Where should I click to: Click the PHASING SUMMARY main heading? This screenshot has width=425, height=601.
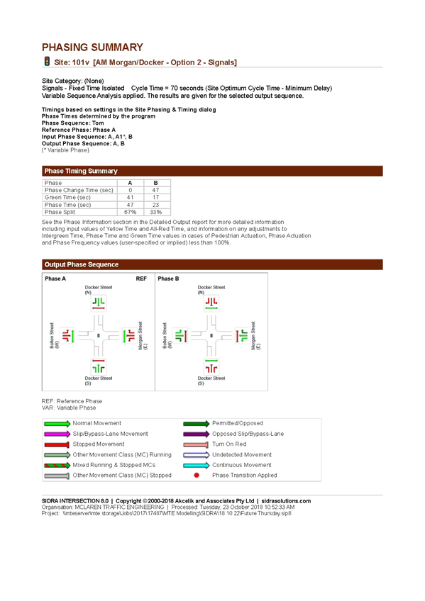tap(92, 47)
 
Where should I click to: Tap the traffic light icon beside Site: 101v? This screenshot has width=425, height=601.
tap(47, 62)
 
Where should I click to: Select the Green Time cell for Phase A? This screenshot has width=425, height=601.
tap(131, 198)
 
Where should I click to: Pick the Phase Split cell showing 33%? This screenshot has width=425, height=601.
tap(155, 212)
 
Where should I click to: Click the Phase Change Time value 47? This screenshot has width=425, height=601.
tap(155, 190)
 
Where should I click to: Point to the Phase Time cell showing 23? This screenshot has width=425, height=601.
tap(155, 205)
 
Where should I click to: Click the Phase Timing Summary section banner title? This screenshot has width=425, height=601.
tap(81, 171)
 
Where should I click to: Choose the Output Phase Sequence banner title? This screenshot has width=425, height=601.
tap(82, 264)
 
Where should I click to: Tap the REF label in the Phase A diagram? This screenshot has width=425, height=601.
tap(141, 279)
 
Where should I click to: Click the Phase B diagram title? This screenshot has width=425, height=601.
tap(168, 279)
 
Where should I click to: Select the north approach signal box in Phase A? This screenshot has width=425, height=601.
tap(99, 303)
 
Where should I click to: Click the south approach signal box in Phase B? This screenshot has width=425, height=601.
tap(211, 367)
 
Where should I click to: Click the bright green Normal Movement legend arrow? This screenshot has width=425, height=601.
tap(57, 424)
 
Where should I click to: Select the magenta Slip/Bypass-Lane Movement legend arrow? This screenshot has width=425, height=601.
tap(57, 434)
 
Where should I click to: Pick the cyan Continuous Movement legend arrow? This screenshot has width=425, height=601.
tap(197, 466)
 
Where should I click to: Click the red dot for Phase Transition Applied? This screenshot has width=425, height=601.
tap(197, 476)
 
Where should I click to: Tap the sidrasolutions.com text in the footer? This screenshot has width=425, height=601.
tap(286, 501)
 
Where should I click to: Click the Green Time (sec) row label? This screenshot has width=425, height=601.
tap(67, 198)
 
